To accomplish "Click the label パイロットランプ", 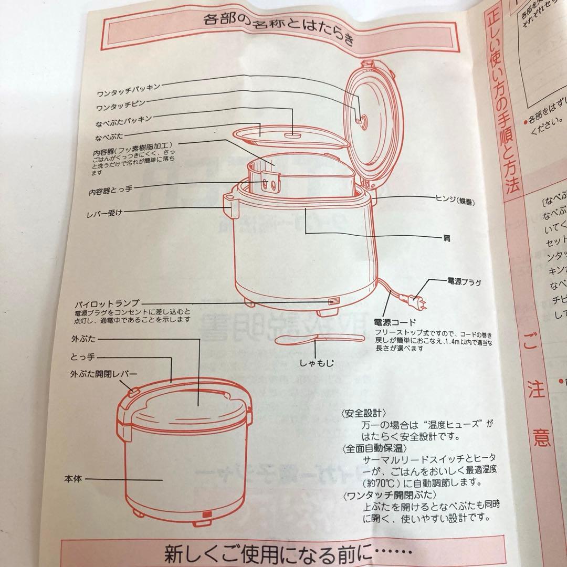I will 107,303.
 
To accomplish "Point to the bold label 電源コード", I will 394,322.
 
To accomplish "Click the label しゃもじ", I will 318,362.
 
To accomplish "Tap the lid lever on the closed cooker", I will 133,392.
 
